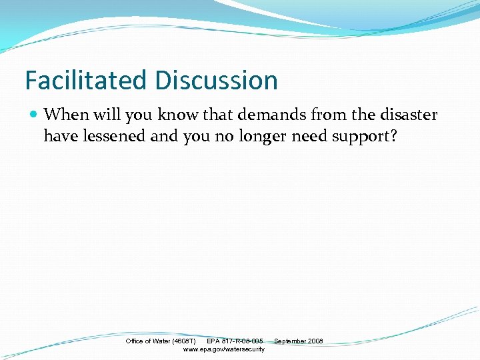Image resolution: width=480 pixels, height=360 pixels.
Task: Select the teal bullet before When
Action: pyautogui.click(x=34, y=115)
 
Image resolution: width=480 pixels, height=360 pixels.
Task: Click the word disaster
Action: pyautogui.click(x=408, y=115)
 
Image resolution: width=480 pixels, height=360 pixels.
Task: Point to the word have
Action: pyautogui.click(x=59, y=136)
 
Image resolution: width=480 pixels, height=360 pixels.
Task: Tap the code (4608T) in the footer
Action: pyautogui.click(x=183, y=341)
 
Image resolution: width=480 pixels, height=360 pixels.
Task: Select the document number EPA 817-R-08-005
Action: pyautogui.click(x=235, y=341)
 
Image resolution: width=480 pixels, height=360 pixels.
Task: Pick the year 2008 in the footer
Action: pyautogui.click(x=315, y=341)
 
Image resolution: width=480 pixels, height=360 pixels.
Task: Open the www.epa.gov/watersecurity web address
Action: pyautogui.click(x=223, y=349)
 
